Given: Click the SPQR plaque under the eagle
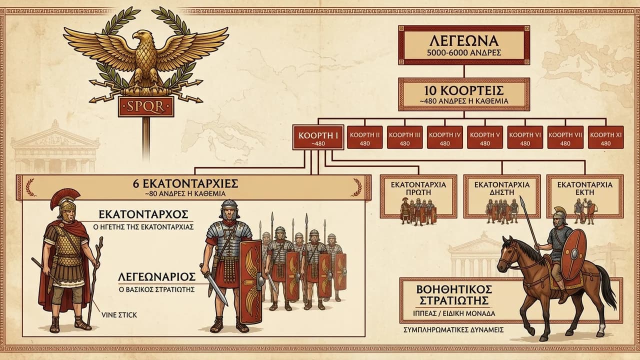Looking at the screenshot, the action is (146, 106).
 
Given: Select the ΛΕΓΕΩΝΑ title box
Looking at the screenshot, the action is (464, 45).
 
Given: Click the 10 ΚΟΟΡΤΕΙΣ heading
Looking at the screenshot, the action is (463, 91).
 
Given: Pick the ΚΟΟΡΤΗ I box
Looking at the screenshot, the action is (318, 137).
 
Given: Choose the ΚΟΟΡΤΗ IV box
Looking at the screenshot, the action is (445, 137).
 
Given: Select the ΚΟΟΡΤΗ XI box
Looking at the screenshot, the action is (605, 137).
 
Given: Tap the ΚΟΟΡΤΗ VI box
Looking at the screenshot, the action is (525, 137).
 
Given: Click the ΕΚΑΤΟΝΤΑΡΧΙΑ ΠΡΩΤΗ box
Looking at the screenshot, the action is (418, 196).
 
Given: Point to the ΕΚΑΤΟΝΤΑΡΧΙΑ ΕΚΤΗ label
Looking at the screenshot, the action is (585, 188).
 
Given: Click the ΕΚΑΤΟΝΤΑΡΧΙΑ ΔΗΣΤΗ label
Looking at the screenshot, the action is (502, 188).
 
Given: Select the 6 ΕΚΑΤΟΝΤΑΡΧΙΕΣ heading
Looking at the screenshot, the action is (185, 183).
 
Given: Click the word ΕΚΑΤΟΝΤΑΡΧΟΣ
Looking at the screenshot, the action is (143, 214).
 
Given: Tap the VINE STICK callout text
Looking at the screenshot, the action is (119, 315).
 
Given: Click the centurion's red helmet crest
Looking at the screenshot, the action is (64, 197).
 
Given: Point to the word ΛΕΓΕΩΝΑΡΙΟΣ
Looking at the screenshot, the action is (157, 277).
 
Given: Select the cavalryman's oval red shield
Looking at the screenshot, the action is (573, 255).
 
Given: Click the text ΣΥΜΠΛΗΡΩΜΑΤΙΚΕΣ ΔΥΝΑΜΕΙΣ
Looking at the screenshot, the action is (453, 330).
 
